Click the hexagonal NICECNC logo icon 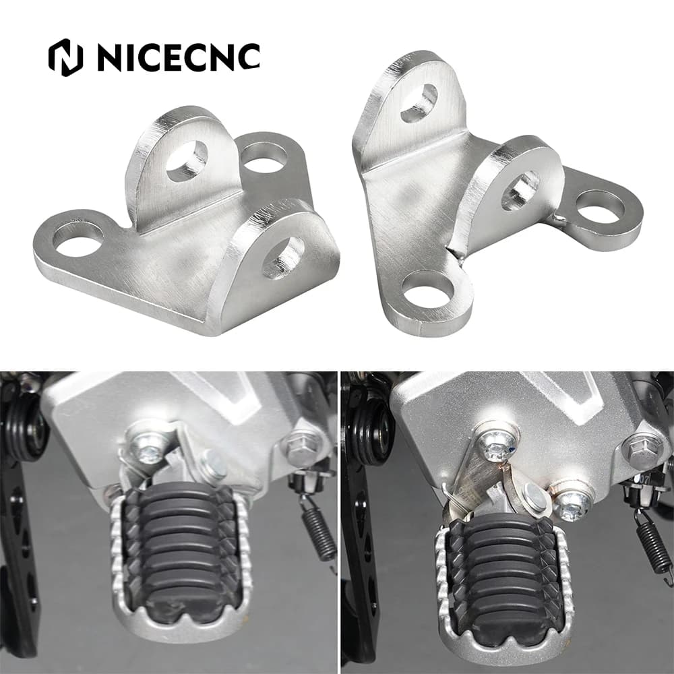(65, 57)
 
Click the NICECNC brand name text (179, 57)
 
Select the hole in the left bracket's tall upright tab (187, 160)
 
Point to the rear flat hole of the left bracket (264, 158)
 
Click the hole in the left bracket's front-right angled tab (283, 258)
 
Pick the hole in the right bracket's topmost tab (419, 102)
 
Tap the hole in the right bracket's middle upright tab (520, 191)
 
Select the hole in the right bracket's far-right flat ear (600, 208)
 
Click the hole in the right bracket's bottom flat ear (428, 291)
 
